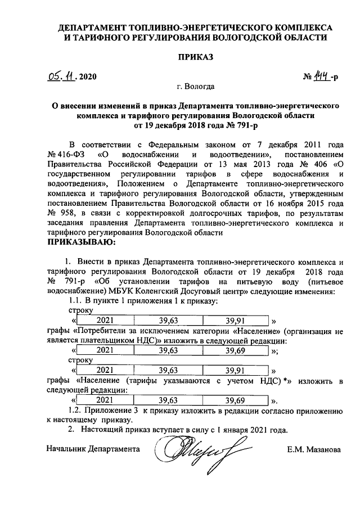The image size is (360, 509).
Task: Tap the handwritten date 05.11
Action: coord(63,76)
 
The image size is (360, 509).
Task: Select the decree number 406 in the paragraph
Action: coord(322,164)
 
